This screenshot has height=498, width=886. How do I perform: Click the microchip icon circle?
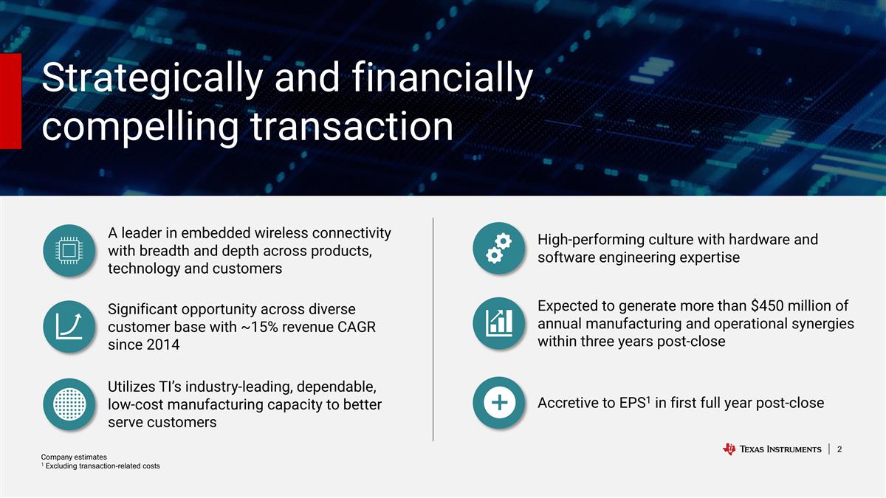click(x=69, y=251)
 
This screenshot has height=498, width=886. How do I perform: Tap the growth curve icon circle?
click(x=69, y=326)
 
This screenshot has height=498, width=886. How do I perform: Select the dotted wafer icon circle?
click(x=69, y=404)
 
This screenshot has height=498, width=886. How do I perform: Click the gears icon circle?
click(x=499, y=248)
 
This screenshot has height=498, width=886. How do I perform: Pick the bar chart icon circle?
click(x=499, y=323)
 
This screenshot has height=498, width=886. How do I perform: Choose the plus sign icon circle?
click(x=499, y=402)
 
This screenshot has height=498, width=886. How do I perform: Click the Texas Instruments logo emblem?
click(x=729, y=449)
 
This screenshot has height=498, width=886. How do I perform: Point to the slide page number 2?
click(x=839, y=449)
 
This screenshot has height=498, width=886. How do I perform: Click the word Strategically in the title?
click(x=152, y=79)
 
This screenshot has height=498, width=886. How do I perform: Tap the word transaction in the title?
click(x=351, y=126)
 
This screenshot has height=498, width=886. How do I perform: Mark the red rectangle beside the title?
click(x=10, y=101)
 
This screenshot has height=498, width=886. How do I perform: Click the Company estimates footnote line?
click(x=74, y=457)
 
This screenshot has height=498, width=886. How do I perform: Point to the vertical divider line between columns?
click(x=433, y=329)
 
